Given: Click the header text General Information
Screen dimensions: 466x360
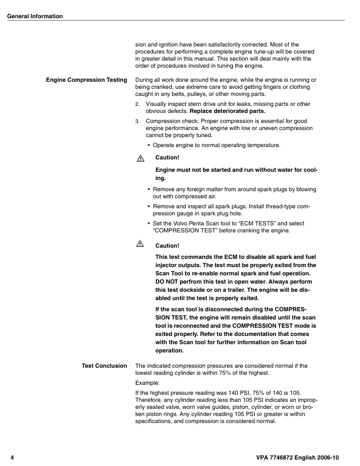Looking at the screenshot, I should [35, 16].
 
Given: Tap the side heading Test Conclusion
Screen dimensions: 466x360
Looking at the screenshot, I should [104, 366].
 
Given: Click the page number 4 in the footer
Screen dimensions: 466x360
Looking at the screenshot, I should [12, 457].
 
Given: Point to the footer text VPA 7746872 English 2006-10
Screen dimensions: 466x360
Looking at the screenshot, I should [302, 457].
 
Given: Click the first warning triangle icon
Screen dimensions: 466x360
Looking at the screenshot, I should [140, 158].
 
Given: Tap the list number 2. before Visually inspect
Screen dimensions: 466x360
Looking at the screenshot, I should [138, 104].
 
